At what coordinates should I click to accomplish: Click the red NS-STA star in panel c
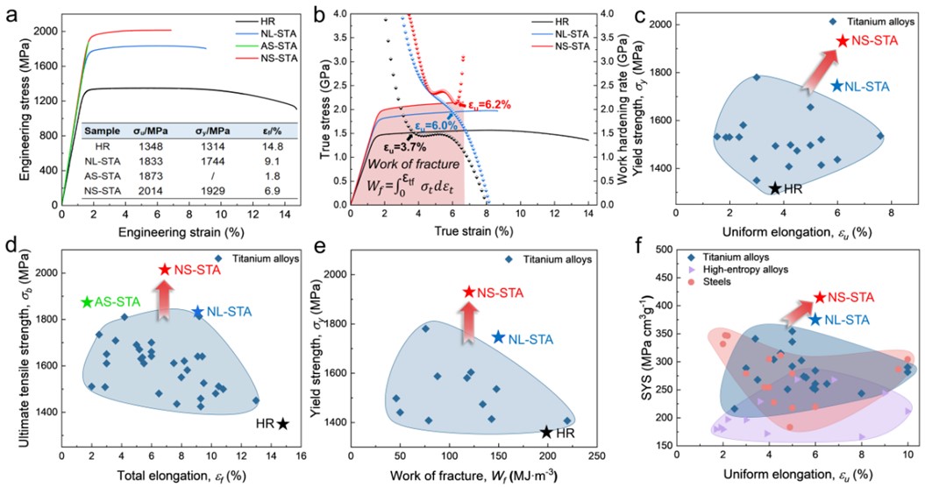pos(843,40)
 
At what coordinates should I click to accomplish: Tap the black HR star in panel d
pos(283,424)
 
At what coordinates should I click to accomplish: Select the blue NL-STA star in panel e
pos(499,337)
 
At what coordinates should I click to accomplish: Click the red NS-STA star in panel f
pos(820,298)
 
